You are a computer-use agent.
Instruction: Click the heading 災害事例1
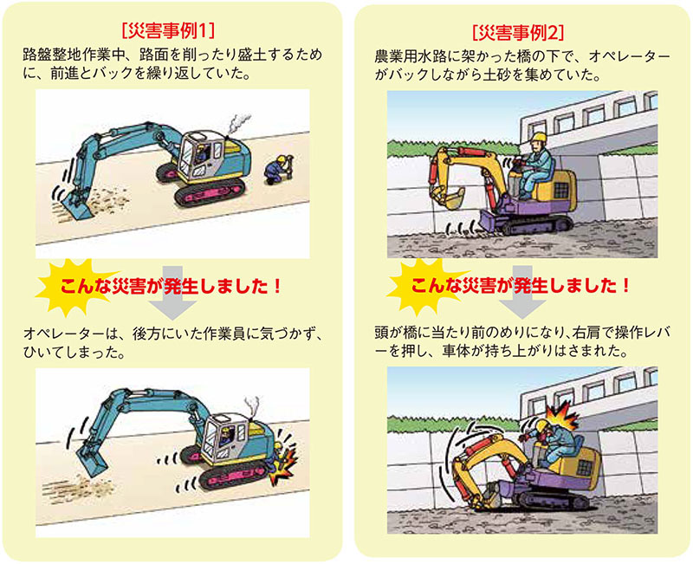168,31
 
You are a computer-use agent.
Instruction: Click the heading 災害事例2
518,32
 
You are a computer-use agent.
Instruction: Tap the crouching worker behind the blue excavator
277,170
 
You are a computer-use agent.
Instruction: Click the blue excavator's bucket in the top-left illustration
76,206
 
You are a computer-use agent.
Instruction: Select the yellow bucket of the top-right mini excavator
448,198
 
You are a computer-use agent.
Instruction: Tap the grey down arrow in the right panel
523,292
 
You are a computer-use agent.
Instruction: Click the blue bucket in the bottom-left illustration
93,461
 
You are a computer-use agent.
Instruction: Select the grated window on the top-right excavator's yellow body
560,191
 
